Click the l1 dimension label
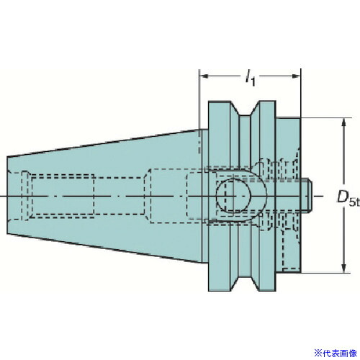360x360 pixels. tap(250, 78)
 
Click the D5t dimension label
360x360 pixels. tap(348, 197)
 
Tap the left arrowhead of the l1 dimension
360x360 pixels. tap(204, 76)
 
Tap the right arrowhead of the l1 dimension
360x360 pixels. tap(296, 76)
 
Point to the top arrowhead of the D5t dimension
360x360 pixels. tap(343, 122)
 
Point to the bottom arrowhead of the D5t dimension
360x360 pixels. tap(343, 268)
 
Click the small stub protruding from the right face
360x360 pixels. tap(306, 195)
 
